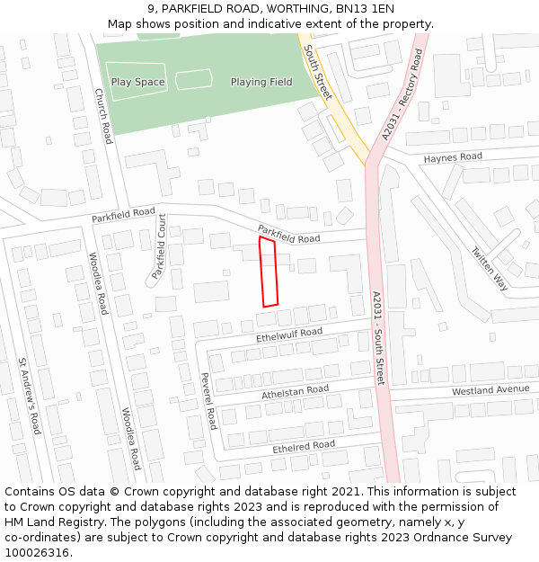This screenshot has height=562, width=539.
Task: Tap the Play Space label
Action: tap(137, 82)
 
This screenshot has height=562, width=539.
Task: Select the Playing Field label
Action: tap(261, 82)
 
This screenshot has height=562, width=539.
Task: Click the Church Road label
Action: tap(103, 115)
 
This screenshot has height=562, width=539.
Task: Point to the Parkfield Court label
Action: tap(159, 246)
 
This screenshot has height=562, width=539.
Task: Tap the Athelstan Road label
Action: tap(296, 392)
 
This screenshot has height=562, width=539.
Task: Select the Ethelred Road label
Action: tap(304, 446)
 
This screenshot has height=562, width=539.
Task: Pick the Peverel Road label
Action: tap(208, 401)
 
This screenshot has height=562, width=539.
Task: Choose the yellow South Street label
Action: tap(317, 73)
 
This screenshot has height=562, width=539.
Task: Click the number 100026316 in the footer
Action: tap(38, 553)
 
